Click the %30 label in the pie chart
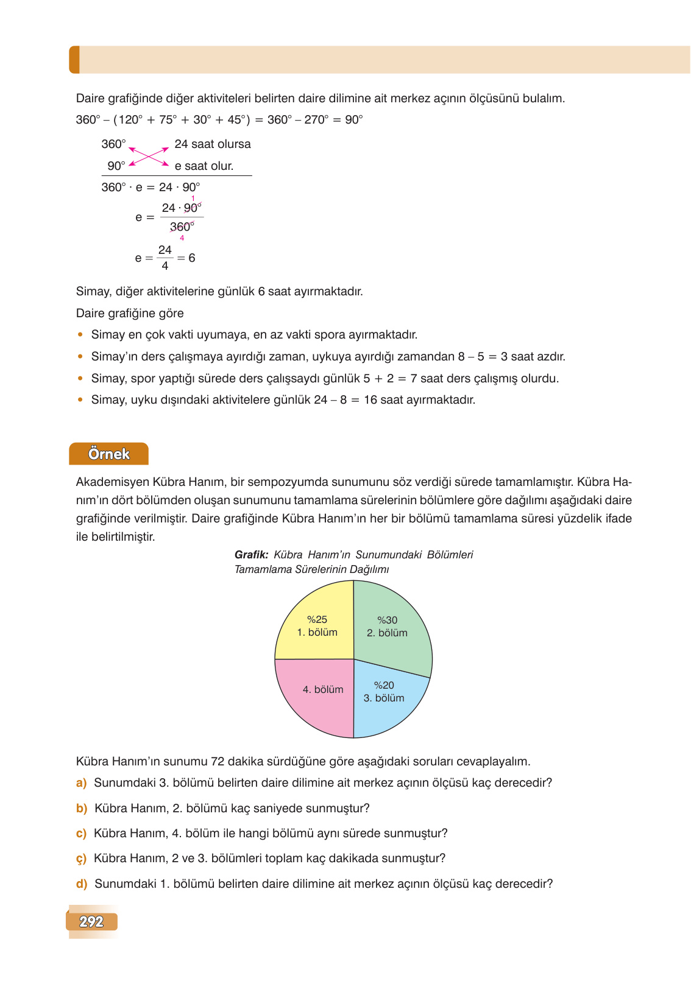coord(388,620)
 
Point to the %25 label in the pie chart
coord(317,619)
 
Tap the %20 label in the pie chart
coord(384,685)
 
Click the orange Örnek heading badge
coord(109,454)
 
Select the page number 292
coord(91,922)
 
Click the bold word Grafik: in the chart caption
coord(251,555)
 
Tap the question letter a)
coord(81,783)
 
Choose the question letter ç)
coord(81,859)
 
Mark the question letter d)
coord(82,884)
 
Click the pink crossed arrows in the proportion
coord(149,156)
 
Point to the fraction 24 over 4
coord(165,258)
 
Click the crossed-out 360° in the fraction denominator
coord(181,227)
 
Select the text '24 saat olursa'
coord(213,144)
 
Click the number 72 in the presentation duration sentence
coord(218,762)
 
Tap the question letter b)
coord(82,809)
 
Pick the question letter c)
coord(81,834)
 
